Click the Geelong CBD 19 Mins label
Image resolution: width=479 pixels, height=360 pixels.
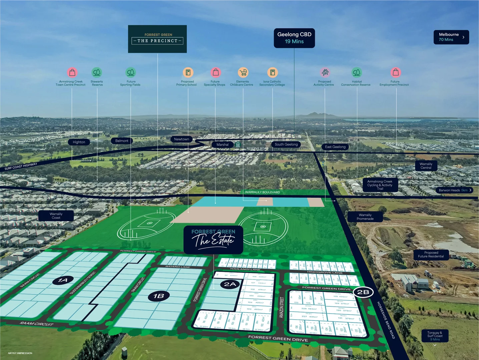point(294,38)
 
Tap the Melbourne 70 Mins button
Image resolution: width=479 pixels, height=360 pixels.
point(451,37)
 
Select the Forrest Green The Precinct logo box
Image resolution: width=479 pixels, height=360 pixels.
point(157,39)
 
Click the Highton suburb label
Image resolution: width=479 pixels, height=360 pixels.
point(79,142)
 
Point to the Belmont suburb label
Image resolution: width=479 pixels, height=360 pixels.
point(122,141)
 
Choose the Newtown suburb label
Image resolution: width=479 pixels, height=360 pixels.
point(181,139)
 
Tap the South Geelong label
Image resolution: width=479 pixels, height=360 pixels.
point(286,144)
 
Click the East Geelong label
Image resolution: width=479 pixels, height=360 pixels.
point(335,147)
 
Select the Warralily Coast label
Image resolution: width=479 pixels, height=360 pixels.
point(56,216)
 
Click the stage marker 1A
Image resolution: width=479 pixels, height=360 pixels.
point(63,280)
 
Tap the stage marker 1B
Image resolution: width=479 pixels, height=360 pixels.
point(159,296)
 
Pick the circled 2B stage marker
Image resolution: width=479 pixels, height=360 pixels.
point(363,292)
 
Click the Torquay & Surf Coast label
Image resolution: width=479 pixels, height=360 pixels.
point(435,336)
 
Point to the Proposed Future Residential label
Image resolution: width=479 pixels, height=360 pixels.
point(431,255)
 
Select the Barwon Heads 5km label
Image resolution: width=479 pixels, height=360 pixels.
point(454,190)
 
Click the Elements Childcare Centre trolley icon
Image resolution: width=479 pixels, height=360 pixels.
point(243,72)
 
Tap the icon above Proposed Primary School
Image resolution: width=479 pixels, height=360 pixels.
point(188,72)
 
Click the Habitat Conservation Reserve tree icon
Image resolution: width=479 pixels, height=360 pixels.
point(357,72)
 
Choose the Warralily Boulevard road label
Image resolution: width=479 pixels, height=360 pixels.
point(263,192)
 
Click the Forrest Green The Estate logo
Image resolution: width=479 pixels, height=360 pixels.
point(213,240)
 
